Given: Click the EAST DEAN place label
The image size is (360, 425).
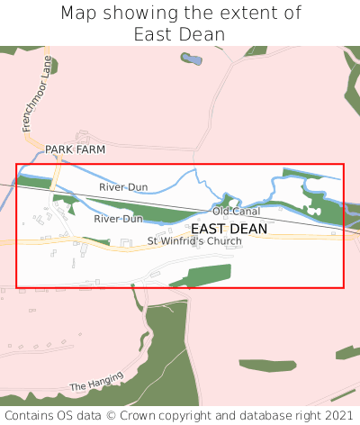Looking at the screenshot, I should [229, 229].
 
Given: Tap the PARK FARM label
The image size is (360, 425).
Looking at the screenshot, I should [76, 149].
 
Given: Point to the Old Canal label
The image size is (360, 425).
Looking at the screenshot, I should [236, 212].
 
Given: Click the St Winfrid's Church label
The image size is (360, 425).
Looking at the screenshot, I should [195, 241].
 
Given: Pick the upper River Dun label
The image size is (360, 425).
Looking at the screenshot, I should [123, 187].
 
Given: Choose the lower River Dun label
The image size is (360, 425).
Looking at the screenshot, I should [118, 219].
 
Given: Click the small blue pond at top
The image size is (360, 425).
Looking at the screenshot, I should [190, 59].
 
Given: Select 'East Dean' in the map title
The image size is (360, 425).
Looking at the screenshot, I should [179, 34].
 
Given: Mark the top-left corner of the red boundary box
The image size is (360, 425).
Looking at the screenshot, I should [16, 164].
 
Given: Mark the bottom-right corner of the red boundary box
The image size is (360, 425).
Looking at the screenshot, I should [344, 287].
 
